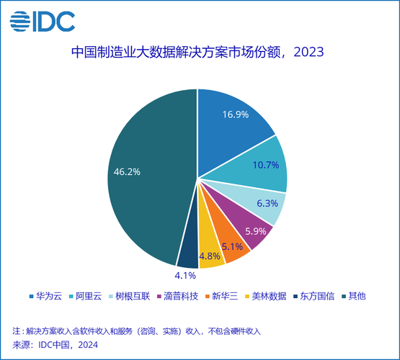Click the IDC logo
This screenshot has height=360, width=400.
pyautogui.click(x=43, y=22)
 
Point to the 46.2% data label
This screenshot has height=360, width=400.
pyautogui.click(x=127, y=171)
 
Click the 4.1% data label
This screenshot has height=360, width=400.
pyautogui.click(x=187, y=274)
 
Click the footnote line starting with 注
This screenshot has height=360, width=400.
pyautogui.click(x=136, y=331)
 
